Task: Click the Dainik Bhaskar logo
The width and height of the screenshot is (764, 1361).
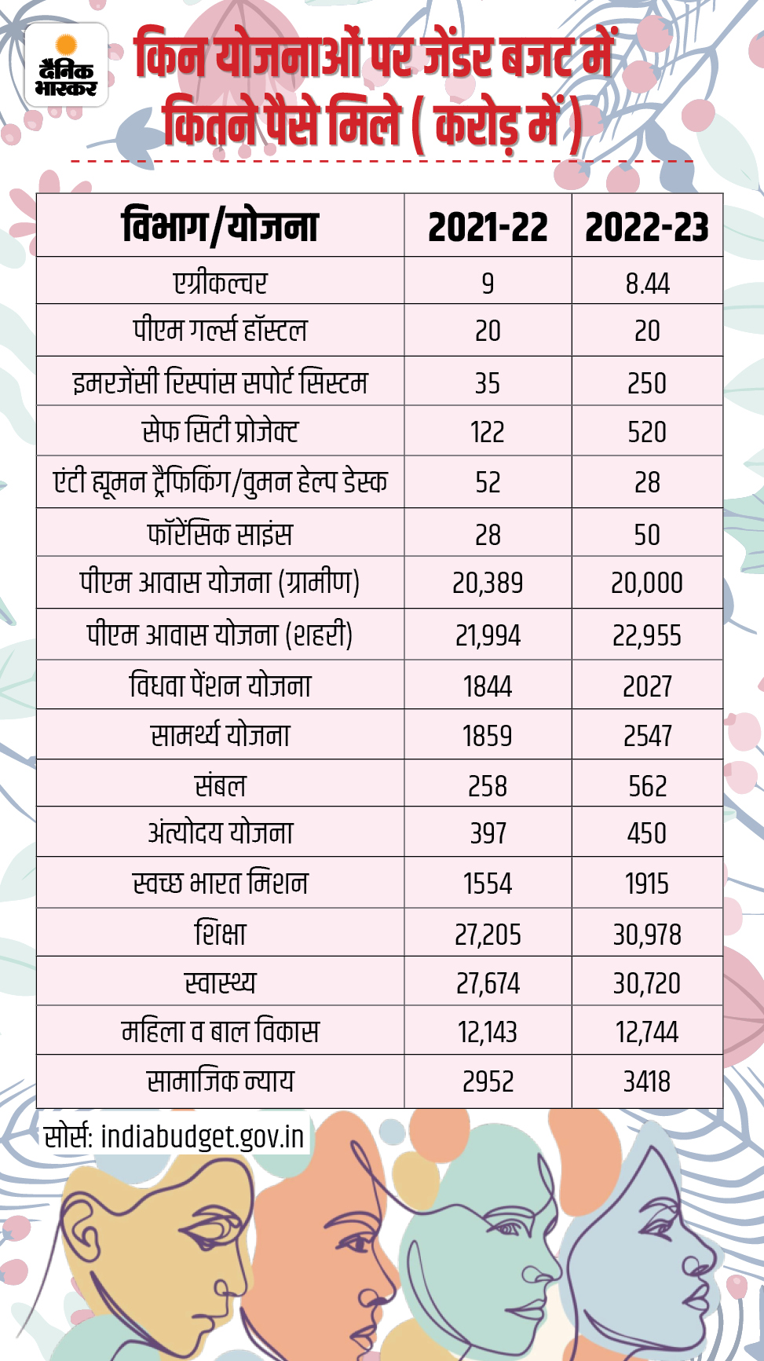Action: pos(67,66)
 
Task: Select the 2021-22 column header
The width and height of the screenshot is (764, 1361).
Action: pos(488,227)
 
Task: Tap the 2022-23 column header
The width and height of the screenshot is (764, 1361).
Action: pos(647,227)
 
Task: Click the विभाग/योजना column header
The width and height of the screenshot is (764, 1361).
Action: pos(220,227)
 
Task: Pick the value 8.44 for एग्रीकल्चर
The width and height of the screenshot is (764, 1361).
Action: pos(647,283)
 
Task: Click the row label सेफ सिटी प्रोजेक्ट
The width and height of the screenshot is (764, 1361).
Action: pos(220,431)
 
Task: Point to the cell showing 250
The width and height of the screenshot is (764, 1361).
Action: pos(647,383)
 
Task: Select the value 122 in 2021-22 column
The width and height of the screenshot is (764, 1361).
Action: pos(488,432)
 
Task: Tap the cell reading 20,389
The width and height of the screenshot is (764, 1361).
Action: pos(488,583)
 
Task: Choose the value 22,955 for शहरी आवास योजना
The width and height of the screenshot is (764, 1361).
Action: pos(647,635)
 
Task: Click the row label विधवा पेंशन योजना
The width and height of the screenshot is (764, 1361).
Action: pos(220,686)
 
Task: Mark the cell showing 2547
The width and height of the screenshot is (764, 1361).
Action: pos(647,736)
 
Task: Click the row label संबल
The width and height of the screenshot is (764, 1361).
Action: pos(220,785)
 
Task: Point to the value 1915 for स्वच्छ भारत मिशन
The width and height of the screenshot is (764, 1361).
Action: pos(647,884)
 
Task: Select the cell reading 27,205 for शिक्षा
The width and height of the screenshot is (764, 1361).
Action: pos(488,935)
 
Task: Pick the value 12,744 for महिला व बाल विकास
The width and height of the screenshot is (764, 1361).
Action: pos(647,1032)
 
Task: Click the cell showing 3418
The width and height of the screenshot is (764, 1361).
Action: pos(647,1081)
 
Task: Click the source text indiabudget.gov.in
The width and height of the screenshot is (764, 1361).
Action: pos(202,1136)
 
